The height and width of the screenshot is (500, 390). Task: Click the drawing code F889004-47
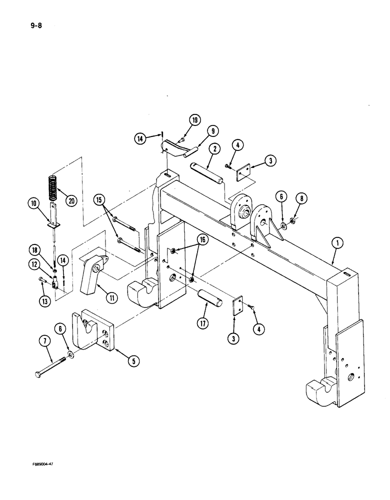[x=38, y=464]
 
